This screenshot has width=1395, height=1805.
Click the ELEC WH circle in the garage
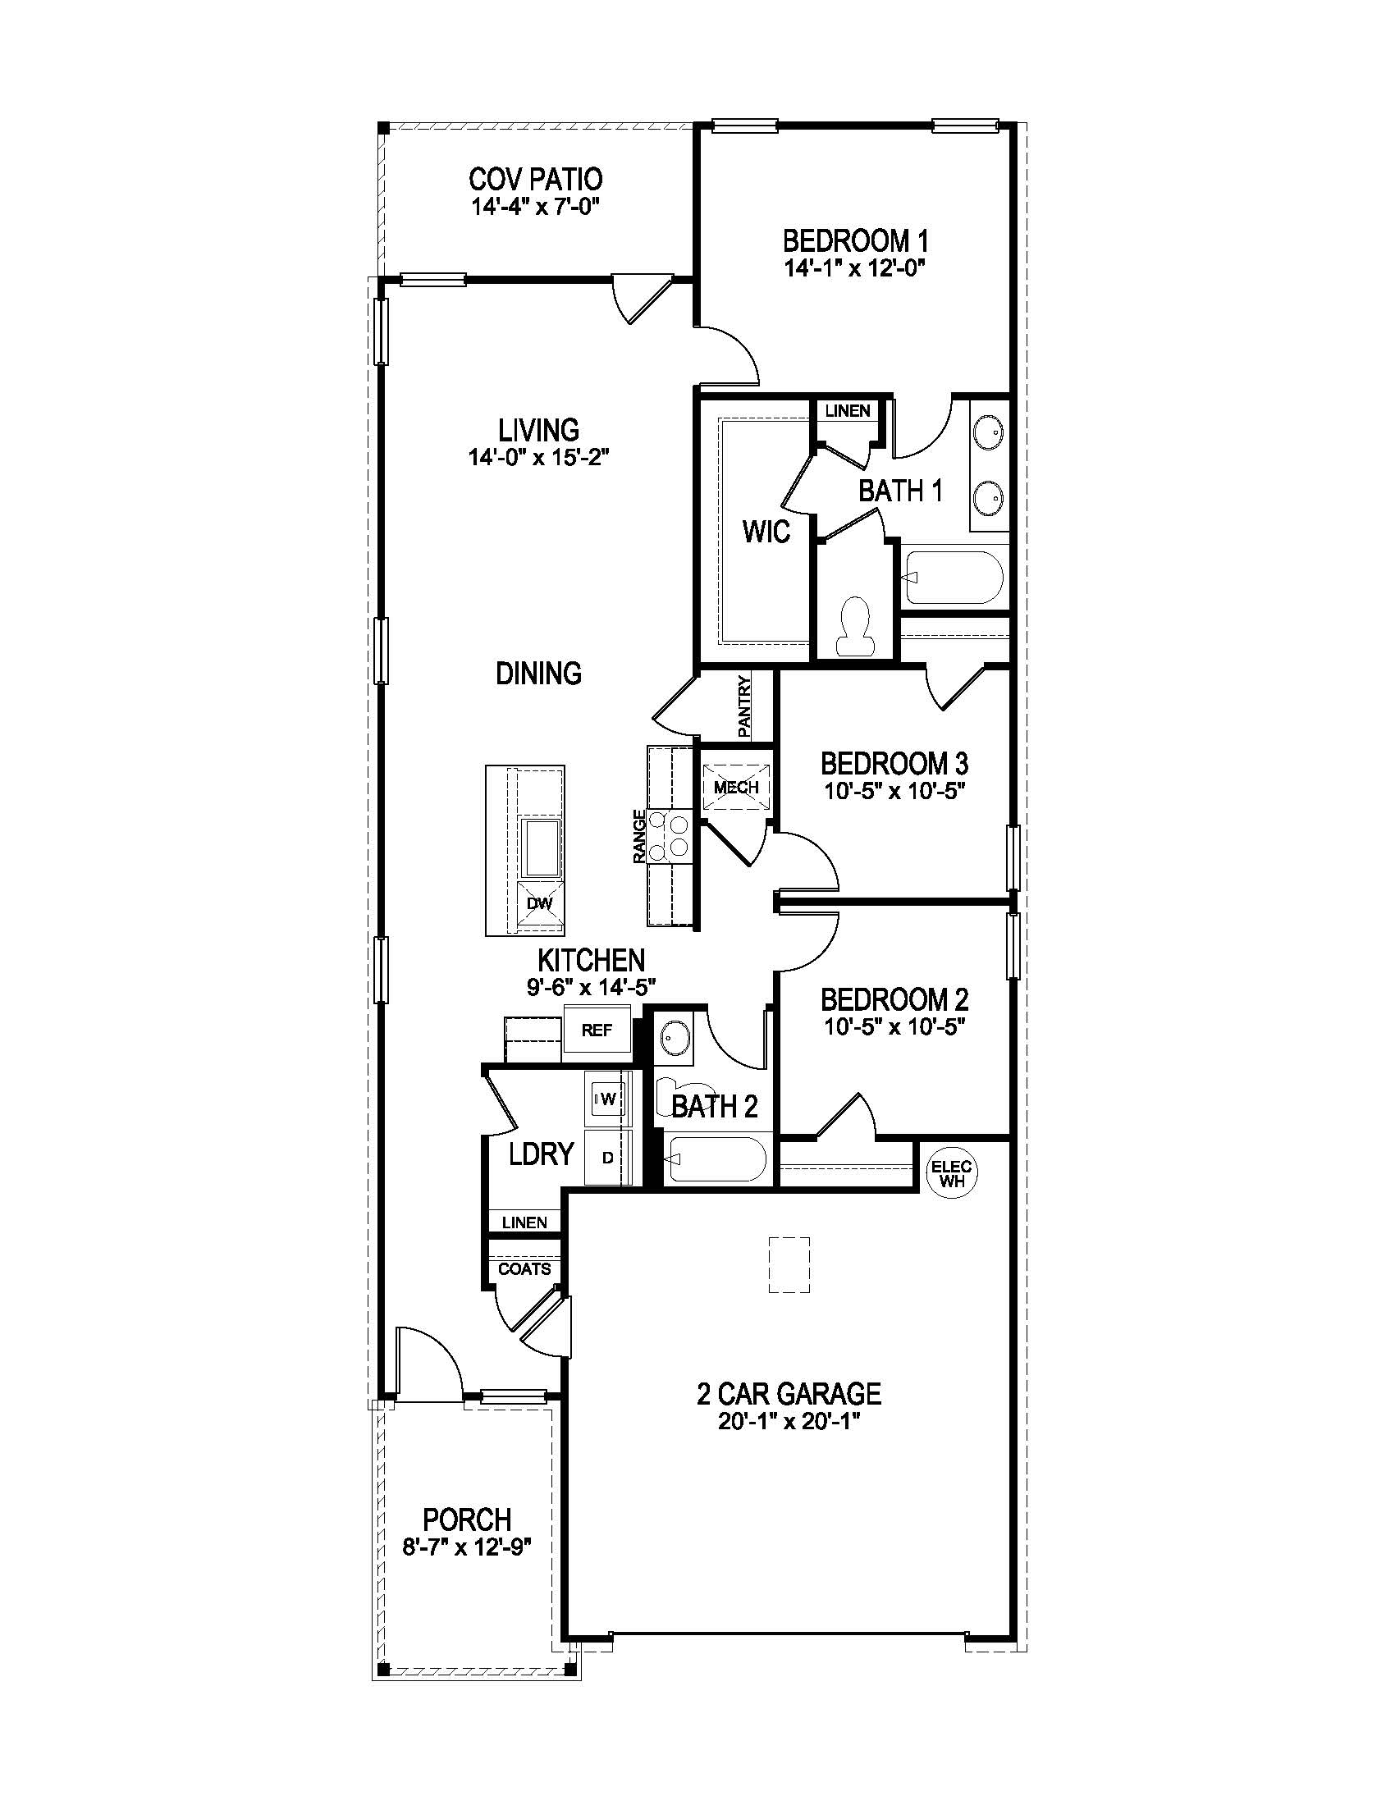point(950,1172)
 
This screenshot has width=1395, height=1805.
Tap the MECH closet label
point(735,788)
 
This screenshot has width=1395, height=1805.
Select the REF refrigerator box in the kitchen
point(597,1030)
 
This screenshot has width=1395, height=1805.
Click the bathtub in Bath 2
point(716,1160)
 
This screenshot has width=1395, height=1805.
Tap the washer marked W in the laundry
point(607,1099)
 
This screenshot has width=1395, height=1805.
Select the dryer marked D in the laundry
point(607,1158)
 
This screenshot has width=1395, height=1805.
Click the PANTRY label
point(744,706)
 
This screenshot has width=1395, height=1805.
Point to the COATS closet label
point(524,1268)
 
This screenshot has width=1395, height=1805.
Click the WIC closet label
point(766,532)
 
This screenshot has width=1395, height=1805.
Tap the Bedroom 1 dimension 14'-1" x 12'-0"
point(854,267)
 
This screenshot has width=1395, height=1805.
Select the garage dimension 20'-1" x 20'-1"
point(789,1423)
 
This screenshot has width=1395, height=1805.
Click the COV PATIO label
point(536,179)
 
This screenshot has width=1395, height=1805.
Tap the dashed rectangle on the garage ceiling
point(789,1264)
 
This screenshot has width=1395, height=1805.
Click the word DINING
point(538,674)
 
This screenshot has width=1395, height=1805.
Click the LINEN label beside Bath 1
point(847,411)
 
